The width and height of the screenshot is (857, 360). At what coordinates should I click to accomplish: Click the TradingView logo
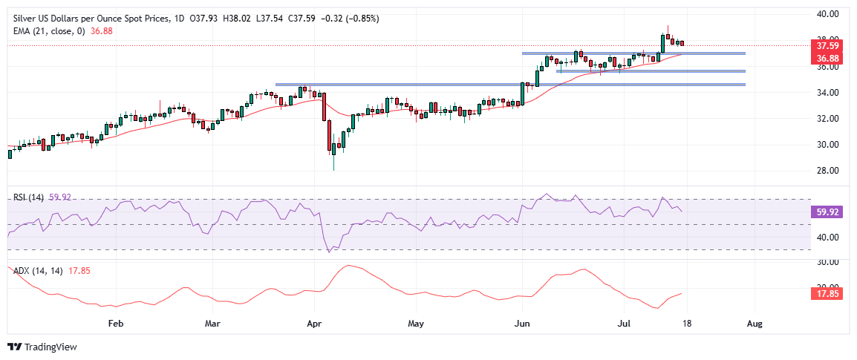[x=42, y=347]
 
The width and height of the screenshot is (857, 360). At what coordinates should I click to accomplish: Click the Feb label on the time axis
[x=115, y=324]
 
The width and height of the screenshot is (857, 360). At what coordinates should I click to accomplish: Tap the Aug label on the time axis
[x=755, y=324]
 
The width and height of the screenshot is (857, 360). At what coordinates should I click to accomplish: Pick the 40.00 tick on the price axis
[x=828, y=13]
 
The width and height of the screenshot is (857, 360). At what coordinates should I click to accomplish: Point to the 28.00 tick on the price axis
[x=828, y=171]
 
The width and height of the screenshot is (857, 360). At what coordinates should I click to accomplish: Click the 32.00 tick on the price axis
[x=828, y=119]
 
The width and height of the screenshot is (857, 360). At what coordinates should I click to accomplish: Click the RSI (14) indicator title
[x=28, y=197]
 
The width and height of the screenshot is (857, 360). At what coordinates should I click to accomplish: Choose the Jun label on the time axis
[x=524, y=324]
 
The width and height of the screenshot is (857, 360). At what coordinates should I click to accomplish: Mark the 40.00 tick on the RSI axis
[x=828, y=238]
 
